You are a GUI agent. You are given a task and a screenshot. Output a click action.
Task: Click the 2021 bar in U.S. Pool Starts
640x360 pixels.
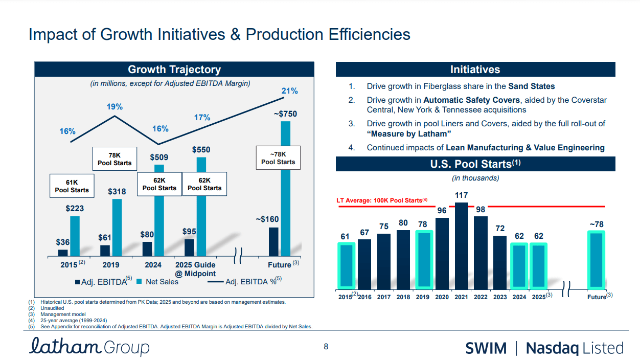(462, 245)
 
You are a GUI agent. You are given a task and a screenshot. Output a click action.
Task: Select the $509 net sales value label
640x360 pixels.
(159, 157)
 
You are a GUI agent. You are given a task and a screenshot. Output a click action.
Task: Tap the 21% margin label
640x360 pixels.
(290, 91)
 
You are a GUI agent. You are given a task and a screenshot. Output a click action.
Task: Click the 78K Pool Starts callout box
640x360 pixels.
(115, 159)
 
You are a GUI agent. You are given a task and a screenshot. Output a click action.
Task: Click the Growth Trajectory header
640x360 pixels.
(174, 70)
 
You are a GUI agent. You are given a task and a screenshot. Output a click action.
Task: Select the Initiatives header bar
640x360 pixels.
(475, 70)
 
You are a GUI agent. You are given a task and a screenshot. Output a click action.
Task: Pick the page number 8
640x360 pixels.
(326, 347)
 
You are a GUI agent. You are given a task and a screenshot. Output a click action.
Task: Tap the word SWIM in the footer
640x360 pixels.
(486, 348)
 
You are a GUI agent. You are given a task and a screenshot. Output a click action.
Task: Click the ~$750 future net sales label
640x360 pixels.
(285, 114)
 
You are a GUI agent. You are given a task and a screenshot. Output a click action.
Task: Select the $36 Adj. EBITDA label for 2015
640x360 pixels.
(63, 242)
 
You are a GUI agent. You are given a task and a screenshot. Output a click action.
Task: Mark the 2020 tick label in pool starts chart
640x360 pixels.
(442, 297)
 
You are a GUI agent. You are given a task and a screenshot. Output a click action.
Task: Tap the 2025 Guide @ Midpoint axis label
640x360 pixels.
(195, 269)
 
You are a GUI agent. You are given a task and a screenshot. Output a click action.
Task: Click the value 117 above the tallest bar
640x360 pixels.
(461, 195)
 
